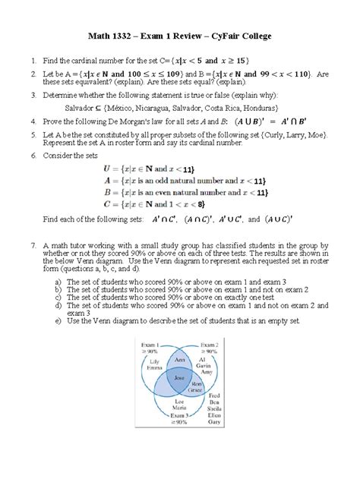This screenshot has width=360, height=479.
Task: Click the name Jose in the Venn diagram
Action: click(x=180, y=377)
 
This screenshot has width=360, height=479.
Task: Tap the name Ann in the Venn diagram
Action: click(x=179, y=358)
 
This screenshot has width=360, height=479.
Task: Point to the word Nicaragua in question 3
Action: click(x=195, y=108)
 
